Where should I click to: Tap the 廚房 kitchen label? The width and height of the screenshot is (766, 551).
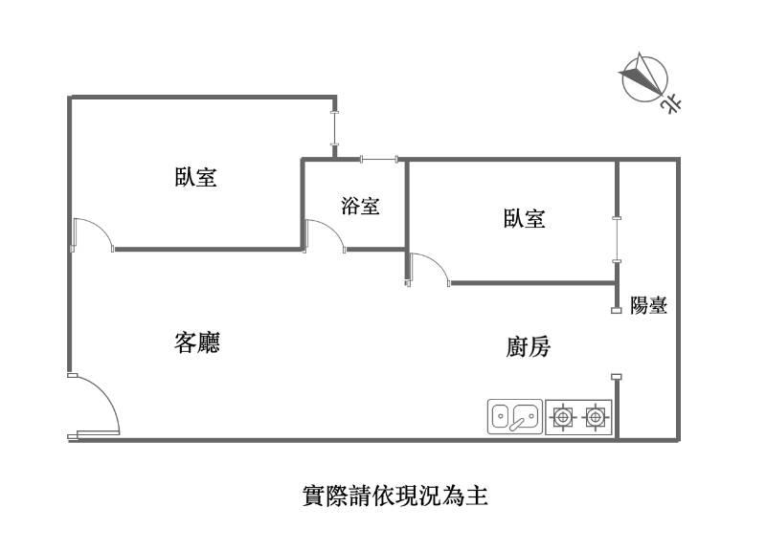(x=528, y=346)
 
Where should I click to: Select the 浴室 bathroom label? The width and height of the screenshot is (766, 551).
(x=360, y=206)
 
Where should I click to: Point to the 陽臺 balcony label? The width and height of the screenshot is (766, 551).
(x=648, y=306)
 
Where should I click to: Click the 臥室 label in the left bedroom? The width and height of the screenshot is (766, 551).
(x=195, y=178)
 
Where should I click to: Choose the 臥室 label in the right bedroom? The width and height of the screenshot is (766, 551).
(x=524, y=219)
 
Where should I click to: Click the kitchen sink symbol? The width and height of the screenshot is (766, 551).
(x=515, y=416)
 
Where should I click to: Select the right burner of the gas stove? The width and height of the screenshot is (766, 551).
(x=596, y=417)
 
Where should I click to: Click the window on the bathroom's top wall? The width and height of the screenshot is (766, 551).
(x=378, y=160)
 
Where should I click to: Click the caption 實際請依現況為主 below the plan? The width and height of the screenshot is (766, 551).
(x=395, y=496)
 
